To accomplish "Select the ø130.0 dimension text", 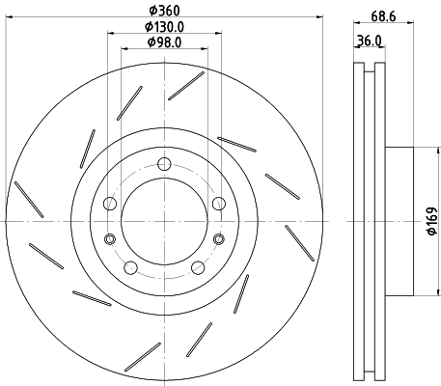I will coord(164,26).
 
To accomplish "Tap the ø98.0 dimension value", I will coord(164,42).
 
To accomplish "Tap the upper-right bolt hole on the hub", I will coord(218,203).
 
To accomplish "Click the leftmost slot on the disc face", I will coord(28,200).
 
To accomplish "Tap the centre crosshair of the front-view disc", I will coord(164,221).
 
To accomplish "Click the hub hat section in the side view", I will coord(400,221).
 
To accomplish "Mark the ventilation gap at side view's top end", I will coord(368,69).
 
